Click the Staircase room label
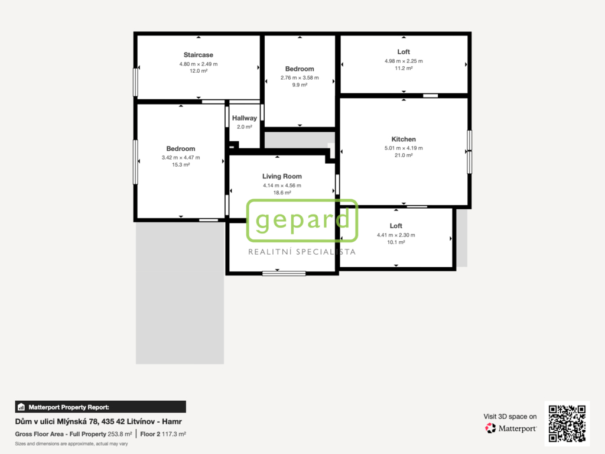pyautogui.click(x=199, y=55)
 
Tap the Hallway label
pyautogui.click(x=244, y=118)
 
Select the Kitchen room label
pyautogui.click(x=404, y=139)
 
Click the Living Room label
pyautogui.click(x=282, y=176)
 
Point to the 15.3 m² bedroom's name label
pyautogui.click(x=181, y=148)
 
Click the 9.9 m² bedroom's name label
pyautogui.click(x=300, y=69)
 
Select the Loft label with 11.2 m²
pyautogui.click(x=404, y=52)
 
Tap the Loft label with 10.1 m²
pyautogui.click(x=396, y=226)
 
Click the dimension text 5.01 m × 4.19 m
pyautogui.click(x=404, y=148)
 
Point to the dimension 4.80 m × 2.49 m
pyautogui.click(x=199, y=64)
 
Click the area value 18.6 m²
pyautogui.click(x=282, y=193)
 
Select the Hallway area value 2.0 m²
pyautogui.click(x=244, y=127)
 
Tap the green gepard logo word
pyautogui.click(x=302, y=220)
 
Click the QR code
pyautogui.click(x=567, y=423)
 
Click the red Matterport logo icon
pyautogui.click(x=490, y=428)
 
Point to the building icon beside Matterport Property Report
pyautogui.click(x=21, y=407)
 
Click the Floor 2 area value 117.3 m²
pyautogui.click(x=174, y=434)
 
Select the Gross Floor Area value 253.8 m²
pyautogui.click(x=119, y=434)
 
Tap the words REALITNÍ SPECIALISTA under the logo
pyautogui.click(x=302, y=252)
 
